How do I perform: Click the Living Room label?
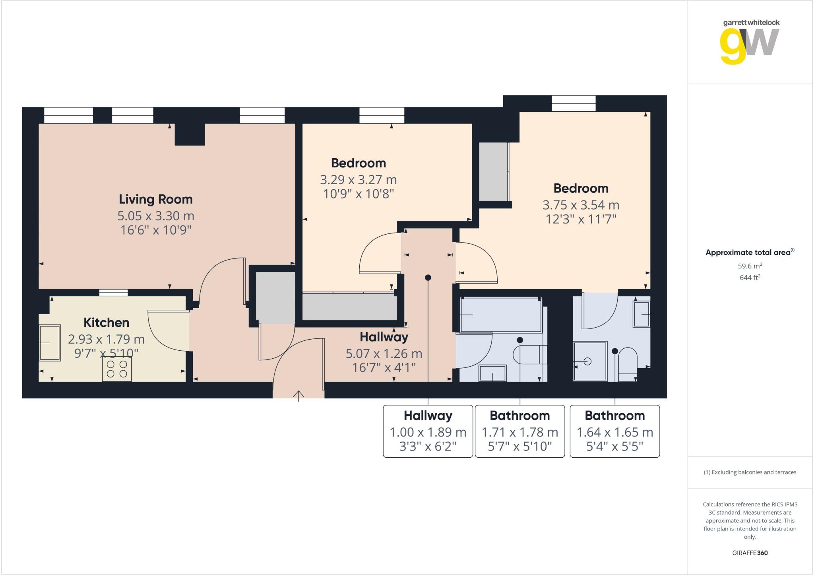click(156, 199)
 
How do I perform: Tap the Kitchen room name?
click(106, 322)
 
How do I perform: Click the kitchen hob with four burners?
click(117, 369)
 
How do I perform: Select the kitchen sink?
click(50, 343)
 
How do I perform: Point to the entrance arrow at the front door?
click(298, 395)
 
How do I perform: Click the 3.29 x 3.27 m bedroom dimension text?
click(359, 180)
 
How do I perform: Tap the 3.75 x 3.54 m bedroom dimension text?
click(581, 205)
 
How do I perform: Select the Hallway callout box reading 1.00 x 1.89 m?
click(428, 431)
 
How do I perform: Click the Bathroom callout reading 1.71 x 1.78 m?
click(520, 431)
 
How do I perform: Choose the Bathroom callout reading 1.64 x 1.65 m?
click(615, 431)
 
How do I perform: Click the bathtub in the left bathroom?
click(501, 315)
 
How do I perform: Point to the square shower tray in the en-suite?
click(590, 361)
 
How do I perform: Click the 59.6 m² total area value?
click(750, 266)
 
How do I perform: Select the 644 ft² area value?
click(750, 278)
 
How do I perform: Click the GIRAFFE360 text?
click(750, 553)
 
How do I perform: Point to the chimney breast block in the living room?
click(190, 134)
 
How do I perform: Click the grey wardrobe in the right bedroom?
click(493, 172)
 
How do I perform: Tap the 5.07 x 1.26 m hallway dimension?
click(384, 354)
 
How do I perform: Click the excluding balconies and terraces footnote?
click(750, 472)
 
